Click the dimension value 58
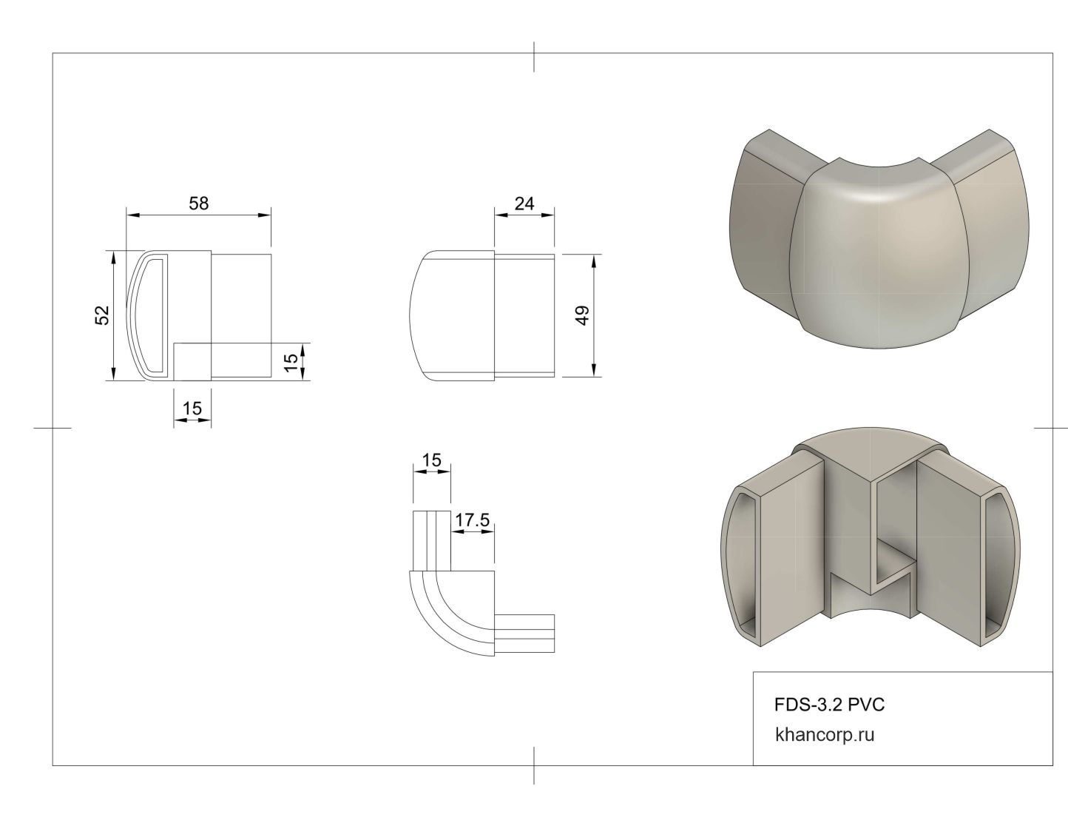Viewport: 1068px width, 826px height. click(x=198, y=203)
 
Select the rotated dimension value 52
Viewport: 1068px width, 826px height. click(x=102, y=315)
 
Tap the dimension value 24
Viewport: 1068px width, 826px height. click(x=524, y=203)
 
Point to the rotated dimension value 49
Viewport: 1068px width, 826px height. click(x=582, y=315)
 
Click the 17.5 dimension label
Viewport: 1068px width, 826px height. click(x=473, y=520)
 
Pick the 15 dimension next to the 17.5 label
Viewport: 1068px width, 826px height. click(x=431, y=460)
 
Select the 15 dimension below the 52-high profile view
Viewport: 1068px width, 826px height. click(x=192, y=408)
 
